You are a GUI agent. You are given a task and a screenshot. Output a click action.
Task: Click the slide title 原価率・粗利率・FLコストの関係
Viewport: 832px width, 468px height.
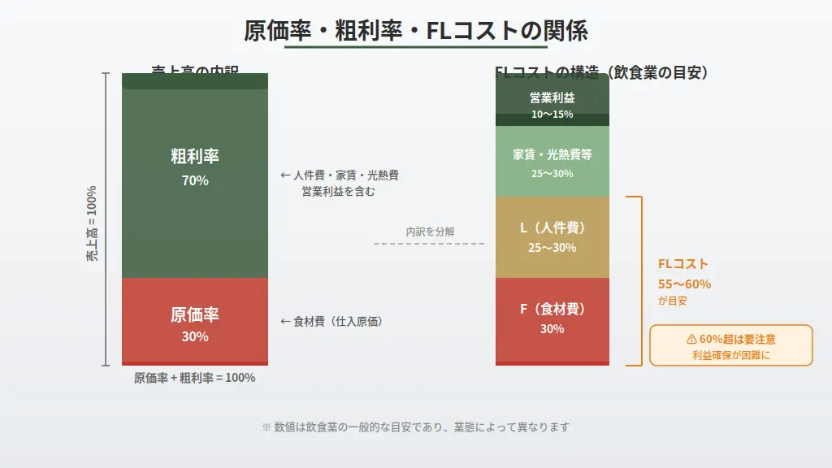(416, 31)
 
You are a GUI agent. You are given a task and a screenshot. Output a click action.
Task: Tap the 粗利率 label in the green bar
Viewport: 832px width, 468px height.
(195, 156)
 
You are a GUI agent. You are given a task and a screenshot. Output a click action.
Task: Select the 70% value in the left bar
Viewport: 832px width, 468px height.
(195, 180)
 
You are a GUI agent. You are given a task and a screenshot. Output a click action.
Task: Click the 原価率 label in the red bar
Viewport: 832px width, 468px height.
(195, 314)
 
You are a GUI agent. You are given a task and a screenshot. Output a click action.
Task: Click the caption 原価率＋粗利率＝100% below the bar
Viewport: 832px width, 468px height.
(195, 378)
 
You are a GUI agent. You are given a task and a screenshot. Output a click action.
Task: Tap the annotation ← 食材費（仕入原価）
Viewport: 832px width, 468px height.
(331, 322)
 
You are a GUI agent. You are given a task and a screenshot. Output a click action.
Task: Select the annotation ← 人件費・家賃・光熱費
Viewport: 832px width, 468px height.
(339, 175)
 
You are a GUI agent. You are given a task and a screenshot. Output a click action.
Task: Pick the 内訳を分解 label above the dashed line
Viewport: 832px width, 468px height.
(430, 232)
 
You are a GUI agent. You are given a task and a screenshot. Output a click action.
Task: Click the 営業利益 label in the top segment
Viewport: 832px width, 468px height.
(552, 98)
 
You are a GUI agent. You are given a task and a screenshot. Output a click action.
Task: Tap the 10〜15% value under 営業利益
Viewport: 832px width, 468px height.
(552, 115)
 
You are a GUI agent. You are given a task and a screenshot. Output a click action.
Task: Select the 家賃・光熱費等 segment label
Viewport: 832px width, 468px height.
(552, 154)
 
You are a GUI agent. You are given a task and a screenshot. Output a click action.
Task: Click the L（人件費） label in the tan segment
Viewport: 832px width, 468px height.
(552, 227)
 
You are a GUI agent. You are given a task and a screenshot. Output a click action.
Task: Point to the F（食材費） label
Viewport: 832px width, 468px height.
(552, 309)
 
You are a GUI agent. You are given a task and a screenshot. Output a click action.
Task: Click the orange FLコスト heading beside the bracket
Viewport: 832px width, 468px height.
(683, 264)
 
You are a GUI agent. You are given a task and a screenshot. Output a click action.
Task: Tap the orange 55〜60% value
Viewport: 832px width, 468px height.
(684, 284)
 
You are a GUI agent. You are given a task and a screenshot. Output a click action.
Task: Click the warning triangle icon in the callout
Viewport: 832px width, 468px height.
(691, 339)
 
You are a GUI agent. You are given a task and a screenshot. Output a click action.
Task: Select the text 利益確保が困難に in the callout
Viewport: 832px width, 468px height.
(730, 355)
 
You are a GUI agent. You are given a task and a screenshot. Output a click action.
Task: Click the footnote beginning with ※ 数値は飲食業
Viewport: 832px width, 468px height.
(415, 427)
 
